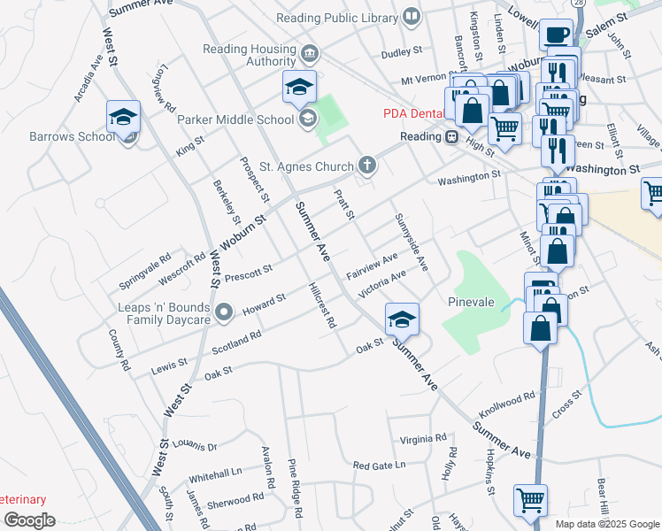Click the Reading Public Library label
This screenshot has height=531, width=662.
(336, 18)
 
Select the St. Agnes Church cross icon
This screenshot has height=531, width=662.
(366, 165)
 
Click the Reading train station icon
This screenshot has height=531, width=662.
(451, 137)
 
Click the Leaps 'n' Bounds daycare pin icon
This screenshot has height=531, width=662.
(224, 311)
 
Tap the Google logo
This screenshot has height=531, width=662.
(29, 520)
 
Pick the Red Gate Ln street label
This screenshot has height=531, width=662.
(378, 465)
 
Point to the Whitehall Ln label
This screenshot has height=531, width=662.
(215, 475)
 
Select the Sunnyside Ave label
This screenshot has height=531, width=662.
(411, 242)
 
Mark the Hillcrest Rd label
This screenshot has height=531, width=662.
(322, 306)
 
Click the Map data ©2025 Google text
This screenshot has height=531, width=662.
(607, 524)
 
